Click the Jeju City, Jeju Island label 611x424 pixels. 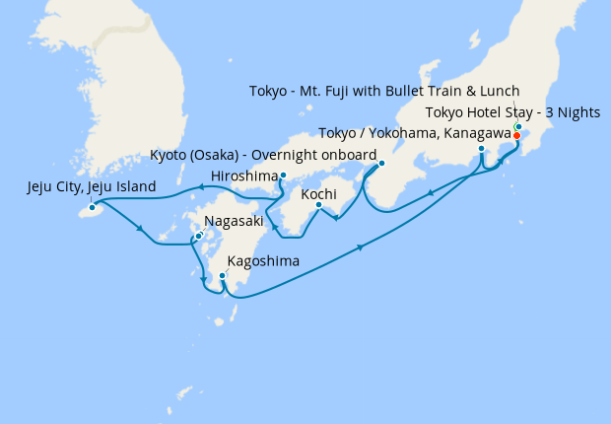click(x=92, y=186)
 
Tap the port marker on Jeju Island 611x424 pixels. click(x=92, y=207)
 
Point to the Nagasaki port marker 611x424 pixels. click(x=198, y=236)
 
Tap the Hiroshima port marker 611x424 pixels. click(x=283, y=176)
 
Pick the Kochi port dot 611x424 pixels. click(x=318, y=205)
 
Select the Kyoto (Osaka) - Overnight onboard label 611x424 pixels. click(x=263, y=156)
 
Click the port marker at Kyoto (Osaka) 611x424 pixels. click(x=381, y=164)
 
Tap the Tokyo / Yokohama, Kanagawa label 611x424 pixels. click(x=414, y=133)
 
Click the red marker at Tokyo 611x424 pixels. click(x=516, y=135)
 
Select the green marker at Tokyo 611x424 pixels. click(x=518, y=127)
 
